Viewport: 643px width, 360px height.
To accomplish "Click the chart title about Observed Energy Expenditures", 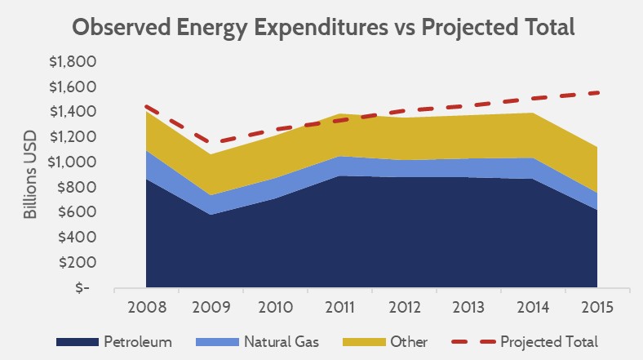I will [x=323, y=26].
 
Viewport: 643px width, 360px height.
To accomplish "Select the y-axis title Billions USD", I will [x=30, y=175].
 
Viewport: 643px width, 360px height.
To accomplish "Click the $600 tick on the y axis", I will [x=79, y=212].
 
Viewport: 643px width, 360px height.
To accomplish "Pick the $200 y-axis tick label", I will [x=79, y=262].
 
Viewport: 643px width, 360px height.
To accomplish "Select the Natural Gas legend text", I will [x=281, y=341].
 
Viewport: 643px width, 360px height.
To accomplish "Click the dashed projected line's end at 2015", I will [x=597, y=92].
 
